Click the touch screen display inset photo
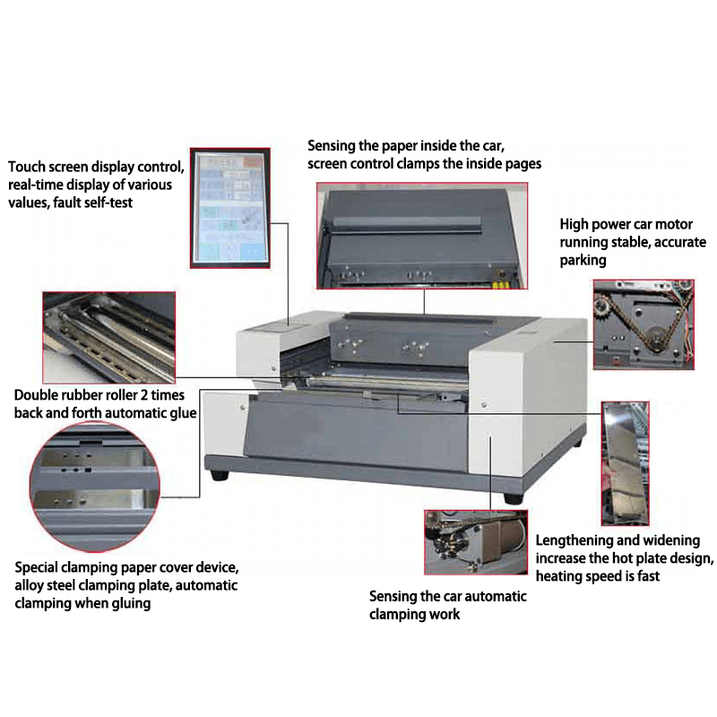(x=230, y=208)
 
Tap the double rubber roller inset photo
(x=108, y=338)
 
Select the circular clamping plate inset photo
(x=95, y=487)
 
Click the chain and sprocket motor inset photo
(x=644, y=324)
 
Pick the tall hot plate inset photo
(x=625, y=463)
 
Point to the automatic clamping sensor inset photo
(x=476, y=542)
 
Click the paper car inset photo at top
(x=422, y=236)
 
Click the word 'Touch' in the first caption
(x=27, y=167)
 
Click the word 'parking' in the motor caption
(x=583, y=261)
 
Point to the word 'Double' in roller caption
(x=36, y=394)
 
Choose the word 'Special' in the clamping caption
(x=38, y=568)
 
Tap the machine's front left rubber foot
(x=220, y=475)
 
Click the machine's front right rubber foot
(x=514, y=498)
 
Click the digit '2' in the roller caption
(x=143, y=394)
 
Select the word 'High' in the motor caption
(x=574, y=225)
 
